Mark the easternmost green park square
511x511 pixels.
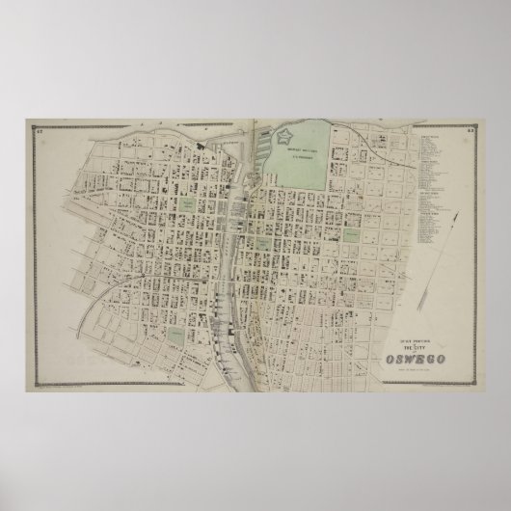tap(353, 234)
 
